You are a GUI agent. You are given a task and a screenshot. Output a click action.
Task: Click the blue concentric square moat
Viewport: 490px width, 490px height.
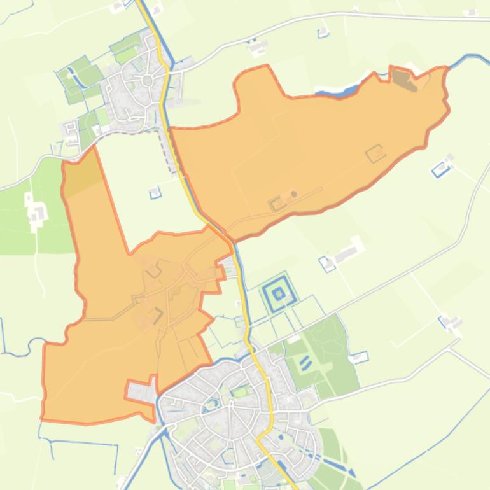(278, 293)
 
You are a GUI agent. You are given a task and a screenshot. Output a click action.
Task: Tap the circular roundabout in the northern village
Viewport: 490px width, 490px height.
(148, 80)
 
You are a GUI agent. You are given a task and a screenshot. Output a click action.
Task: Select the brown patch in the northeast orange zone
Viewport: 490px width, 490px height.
(402, 79)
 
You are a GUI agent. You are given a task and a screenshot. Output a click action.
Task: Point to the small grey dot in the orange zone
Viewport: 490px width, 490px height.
(294, 194)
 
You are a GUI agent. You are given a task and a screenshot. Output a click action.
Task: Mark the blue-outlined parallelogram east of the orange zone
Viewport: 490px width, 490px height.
(440, 169)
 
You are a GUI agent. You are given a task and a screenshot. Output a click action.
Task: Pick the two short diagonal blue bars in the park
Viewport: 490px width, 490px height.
(305, 363)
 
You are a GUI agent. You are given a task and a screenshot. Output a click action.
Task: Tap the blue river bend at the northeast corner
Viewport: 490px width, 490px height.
(471, 58)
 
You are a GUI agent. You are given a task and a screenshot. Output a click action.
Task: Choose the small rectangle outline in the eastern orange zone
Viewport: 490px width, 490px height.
(375, 153)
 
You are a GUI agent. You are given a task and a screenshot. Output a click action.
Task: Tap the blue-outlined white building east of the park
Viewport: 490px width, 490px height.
(359, 357)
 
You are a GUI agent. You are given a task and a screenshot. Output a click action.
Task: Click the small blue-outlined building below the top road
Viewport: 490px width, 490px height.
(323, 32)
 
